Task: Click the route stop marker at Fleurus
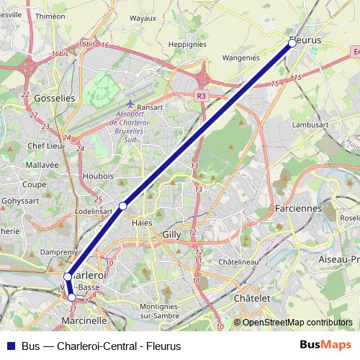click(x=292, y=43)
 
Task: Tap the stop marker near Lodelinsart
click(x=123, y=206)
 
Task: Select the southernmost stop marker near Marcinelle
click(x=71, y=297)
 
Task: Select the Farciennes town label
click(x=298, y=208)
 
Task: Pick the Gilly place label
click(x=172, y=235)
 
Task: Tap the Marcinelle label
click(x=84, y=320)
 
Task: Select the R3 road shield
click(x=201, y=94)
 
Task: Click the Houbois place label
click(x=98, y=175)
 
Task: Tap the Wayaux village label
click(x=143, y=18)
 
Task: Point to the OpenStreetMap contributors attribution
click(x=297, y=323)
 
